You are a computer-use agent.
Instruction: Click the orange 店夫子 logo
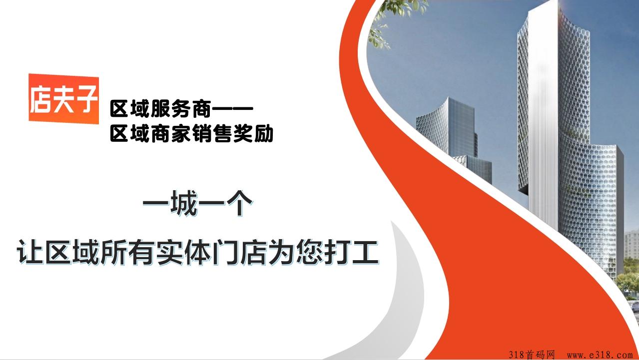point(63,99)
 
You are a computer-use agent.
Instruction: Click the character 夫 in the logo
point(63,99)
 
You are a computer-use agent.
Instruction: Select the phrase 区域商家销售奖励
point(192,133)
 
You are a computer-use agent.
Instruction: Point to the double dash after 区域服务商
point(233,108)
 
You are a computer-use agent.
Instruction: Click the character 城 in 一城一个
point(184,203)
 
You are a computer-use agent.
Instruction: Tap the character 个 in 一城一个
point(239,203)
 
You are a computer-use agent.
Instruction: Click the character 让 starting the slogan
point(29,253)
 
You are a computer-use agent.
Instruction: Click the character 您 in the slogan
point(310,253)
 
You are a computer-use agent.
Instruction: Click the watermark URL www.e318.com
point(600,355)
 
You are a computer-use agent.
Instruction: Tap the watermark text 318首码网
point(532,355)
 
